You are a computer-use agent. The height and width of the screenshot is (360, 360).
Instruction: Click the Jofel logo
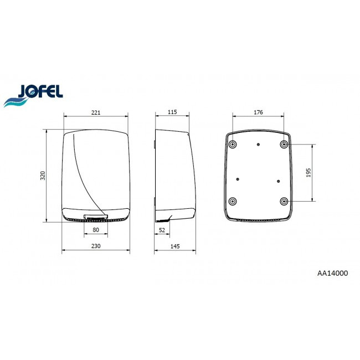click(33, 95)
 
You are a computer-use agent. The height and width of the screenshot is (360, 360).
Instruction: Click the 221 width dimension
click(96, 112)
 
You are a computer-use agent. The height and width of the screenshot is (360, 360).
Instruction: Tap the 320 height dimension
click(43, 176)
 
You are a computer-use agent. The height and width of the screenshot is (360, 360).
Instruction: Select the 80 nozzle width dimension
click(96, 230)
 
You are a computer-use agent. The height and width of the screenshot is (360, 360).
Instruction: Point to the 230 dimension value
click(96, 246)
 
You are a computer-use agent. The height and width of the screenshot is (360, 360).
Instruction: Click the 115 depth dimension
click(172, 112)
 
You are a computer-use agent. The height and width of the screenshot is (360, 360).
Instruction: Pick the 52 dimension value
click(162, 230)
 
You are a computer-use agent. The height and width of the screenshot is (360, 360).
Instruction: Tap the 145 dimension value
click(175, 246)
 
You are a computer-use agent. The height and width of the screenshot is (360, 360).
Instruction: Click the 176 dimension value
click(258, 112)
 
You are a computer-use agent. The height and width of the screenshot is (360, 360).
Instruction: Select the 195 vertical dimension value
click(308, 173)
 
